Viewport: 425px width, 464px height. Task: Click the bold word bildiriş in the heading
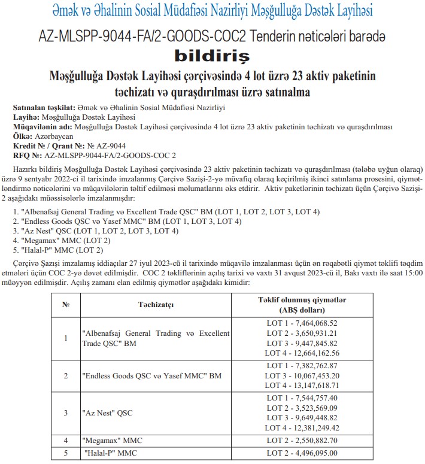pos(212,57)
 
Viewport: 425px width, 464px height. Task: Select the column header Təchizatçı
pos(155,304)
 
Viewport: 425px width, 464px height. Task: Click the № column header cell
pos(66,304)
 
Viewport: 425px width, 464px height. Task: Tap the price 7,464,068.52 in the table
pos(327,323)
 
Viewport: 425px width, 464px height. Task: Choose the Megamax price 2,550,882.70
pos(327,440)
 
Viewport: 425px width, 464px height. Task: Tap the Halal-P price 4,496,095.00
pos(327,452)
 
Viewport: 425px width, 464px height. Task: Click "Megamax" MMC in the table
pos(112,441)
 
